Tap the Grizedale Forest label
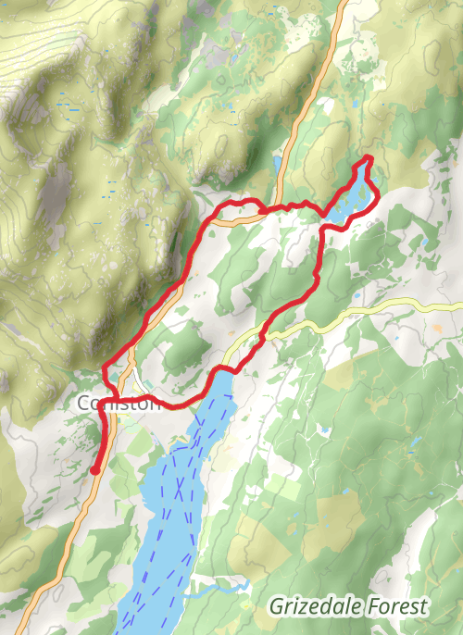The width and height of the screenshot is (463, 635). (x=349, y=606)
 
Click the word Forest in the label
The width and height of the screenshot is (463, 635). (x=399, y=606)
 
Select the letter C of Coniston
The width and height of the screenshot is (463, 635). (x=84, y=404)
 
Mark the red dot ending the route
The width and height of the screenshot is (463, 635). (x=94, y=470)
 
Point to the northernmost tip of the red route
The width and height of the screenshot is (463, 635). (x=369, y=157)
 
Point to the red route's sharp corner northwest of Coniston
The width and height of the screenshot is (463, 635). (x=104, y=367)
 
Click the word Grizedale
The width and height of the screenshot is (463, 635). (x=318, y=606)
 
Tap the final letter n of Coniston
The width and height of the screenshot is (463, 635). (x=155, y=404)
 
